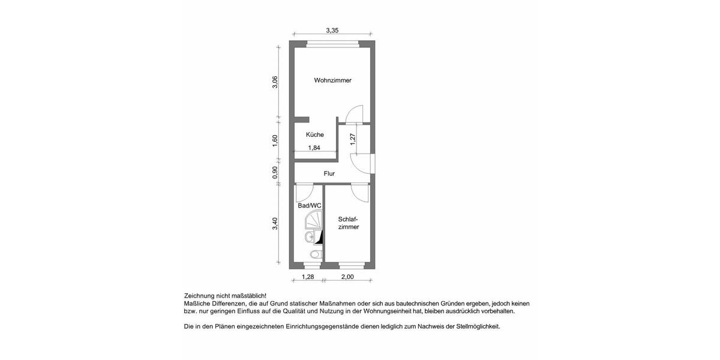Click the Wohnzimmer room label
coord(332,80)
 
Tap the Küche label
coord(314,135)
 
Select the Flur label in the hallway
coord(329,173)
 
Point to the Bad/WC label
coord(310,206)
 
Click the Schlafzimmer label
coord(349,223)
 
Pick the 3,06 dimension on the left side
coord(275,82)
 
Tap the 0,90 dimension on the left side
coord(275,172)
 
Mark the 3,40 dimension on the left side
coord(275,223)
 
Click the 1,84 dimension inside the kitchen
coord(314,148)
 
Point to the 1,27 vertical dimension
coord(353,140)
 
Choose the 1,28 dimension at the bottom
coord(308,277)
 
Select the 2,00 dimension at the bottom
coord(347,277)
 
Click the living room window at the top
coord(333,43)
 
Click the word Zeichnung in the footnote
coord(201,296)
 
